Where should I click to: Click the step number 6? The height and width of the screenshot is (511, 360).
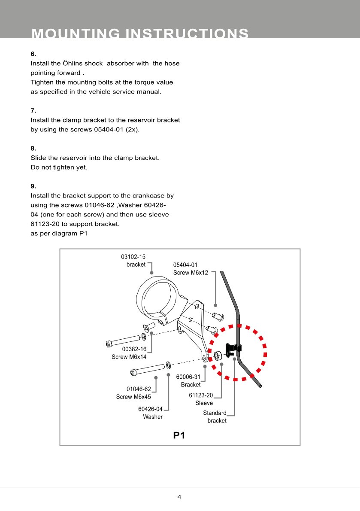(x=33, y=54)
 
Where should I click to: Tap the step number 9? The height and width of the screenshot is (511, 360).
(x=33, y=186)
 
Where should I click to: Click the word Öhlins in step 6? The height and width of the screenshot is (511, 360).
(x=89, y=64)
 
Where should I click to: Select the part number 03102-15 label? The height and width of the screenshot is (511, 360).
(x=133, y=257)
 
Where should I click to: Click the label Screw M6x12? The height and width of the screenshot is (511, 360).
(x=191, y=273)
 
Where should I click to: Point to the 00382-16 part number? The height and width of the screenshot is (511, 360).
(x=134, y=349)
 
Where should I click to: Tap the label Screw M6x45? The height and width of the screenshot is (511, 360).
(x=133, y=397)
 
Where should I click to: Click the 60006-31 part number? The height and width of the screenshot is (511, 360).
(x=188, y=377)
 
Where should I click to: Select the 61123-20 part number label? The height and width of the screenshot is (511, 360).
(x=201, y=395)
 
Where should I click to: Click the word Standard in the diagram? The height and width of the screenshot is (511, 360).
(x=215, y=413)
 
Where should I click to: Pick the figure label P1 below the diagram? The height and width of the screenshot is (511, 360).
(x=179, y=435)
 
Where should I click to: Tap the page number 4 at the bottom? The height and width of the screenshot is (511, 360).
(x=179, y=497)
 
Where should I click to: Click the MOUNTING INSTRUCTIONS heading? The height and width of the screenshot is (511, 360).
(x=140, y=33)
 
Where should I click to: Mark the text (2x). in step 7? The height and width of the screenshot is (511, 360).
(x=133, y=129)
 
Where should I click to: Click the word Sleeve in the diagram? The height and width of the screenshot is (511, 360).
(x=204, y=403)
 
